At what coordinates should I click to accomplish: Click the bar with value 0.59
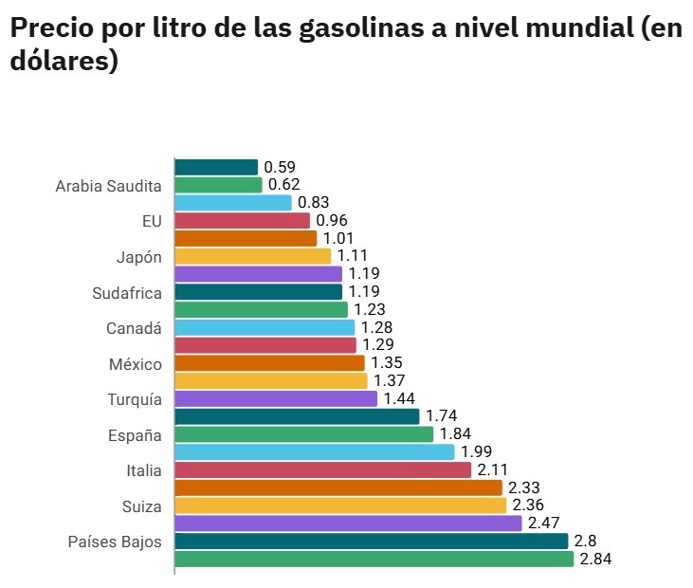point(216,167)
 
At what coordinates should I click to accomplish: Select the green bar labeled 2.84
point(374,560)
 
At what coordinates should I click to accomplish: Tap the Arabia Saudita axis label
point(108,186)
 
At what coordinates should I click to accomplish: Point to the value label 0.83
point(313,203)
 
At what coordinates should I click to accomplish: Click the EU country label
point(151,221)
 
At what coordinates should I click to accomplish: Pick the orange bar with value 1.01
point(246,238)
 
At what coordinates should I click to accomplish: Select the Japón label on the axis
point(138,256)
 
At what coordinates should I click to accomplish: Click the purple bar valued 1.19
point(258,274)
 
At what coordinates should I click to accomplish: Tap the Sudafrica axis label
point(127,292)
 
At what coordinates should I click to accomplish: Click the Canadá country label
point(134,328)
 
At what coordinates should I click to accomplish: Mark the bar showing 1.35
point(269,363)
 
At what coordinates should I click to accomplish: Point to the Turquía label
point(134,399)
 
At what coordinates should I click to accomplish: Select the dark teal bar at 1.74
point(297,416)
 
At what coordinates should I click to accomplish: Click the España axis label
point(135,435)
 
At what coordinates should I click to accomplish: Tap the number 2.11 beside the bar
point(493,470)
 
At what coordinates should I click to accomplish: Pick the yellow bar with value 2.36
point(340,505)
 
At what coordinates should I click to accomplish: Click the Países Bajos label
point(114,542)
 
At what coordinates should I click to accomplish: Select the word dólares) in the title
point(64,62)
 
